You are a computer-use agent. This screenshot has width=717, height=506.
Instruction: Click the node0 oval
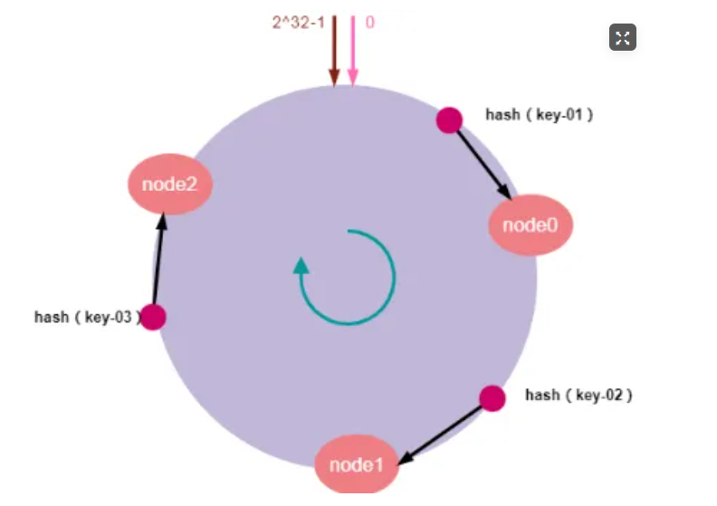(x=531, y=224)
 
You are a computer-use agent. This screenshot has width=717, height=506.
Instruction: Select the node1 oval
(x=357, y=465)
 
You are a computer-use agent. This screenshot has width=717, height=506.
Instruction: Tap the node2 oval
(x=169, y=185)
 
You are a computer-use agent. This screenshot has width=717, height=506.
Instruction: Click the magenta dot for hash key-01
(x=449, y=119)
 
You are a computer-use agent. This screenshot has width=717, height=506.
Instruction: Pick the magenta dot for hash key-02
(x=492, y=398)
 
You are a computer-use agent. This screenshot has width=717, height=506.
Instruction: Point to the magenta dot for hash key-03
(x=153, y=317)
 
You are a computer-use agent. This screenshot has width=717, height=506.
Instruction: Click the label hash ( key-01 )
(x=540, y=115)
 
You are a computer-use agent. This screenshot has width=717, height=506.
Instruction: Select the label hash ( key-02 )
(x=578, y=395)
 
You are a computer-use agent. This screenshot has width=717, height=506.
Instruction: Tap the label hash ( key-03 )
(x=88, y=317)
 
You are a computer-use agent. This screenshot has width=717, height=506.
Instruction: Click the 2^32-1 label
(x=299, y=22)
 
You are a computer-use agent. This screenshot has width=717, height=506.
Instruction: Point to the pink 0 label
(x=369, y=22)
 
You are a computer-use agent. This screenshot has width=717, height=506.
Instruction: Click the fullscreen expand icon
(x=622, y=37)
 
